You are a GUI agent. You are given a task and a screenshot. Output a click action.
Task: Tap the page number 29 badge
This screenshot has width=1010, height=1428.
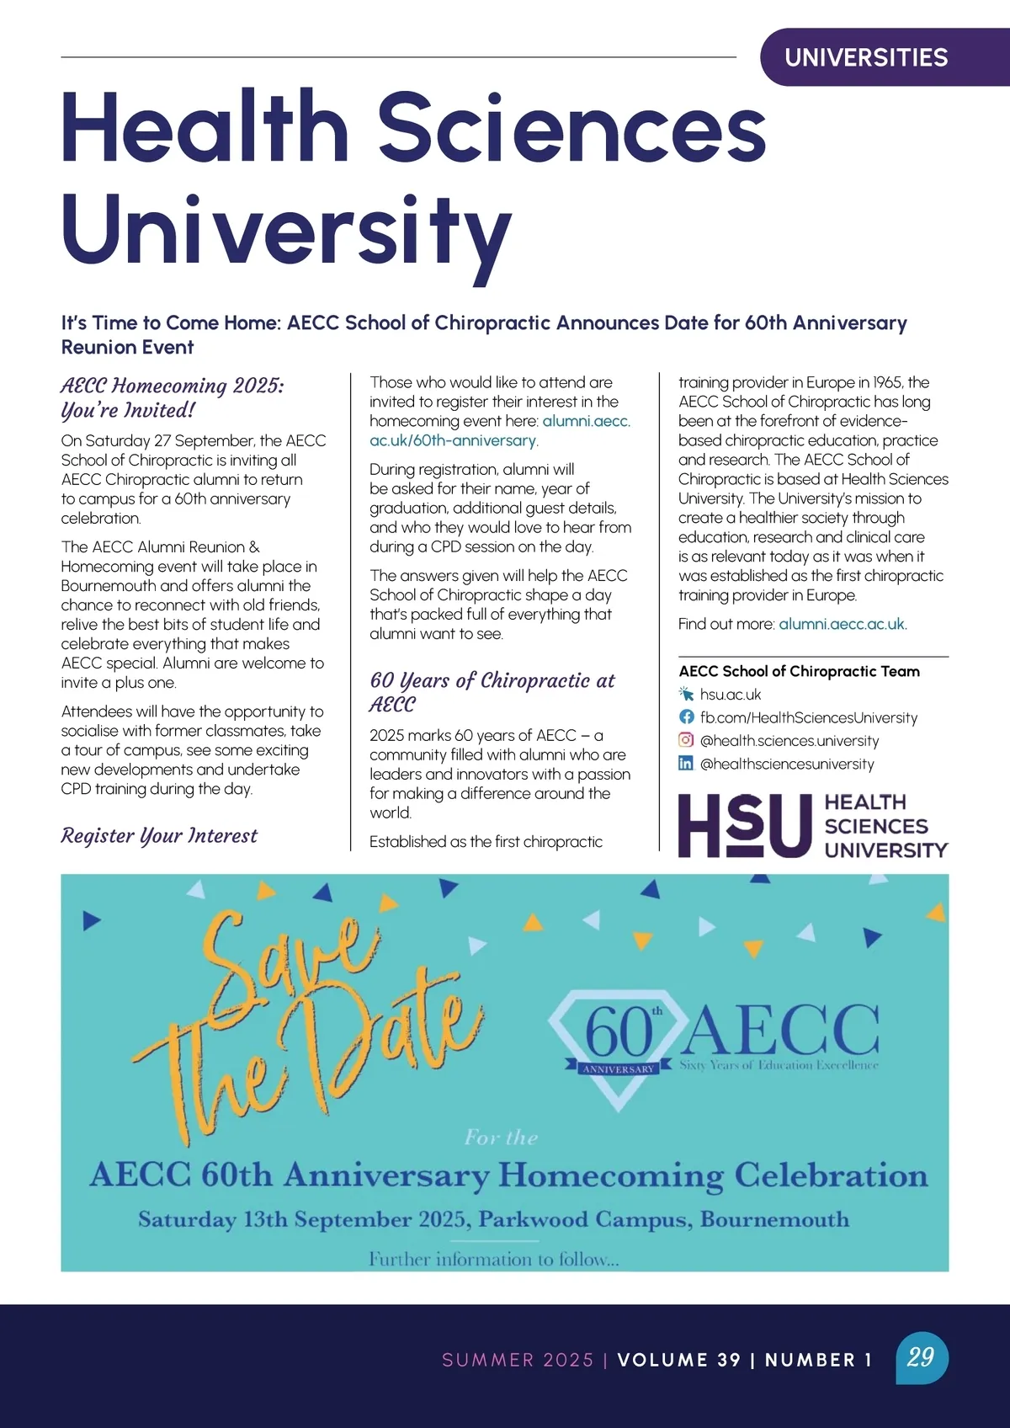click(922, 1356)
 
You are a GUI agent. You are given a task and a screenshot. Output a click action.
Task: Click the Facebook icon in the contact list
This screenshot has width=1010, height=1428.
click(687, 717)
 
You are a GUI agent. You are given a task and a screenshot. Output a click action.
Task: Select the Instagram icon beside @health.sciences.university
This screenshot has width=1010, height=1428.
click(687, 740)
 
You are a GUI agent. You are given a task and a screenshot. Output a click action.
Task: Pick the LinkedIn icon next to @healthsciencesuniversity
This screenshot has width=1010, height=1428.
click(687, 764)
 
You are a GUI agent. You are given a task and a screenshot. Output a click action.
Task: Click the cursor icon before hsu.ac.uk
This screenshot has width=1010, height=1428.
click(687, 694)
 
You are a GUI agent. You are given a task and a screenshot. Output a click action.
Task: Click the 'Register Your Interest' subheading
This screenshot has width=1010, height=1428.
click(159, 835)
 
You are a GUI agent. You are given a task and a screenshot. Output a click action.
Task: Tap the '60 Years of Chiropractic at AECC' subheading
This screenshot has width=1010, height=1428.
click(492, 692)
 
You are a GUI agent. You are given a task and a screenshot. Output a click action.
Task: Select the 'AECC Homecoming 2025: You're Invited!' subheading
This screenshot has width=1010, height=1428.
click(173, 397)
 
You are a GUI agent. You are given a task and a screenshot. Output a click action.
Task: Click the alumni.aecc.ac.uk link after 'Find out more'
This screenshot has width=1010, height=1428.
click(842, 624)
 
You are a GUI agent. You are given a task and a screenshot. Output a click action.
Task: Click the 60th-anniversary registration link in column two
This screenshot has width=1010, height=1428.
click(500, 430)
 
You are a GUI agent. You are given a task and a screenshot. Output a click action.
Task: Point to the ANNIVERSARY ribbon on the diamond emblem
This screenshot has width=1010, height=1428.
click(619, 1068)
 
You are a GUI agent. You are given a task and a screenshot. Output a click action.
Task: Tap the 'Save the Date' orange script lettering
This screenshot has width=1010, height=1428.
click(303, 1019)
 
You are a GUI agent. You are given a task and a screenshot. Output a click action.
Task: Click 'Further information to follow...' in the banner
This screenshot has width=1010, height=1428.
click(494, 1260)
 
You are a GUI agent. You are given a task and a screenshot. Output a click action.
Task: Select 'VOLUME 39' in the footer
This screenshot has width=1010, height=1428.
click(678, 1360)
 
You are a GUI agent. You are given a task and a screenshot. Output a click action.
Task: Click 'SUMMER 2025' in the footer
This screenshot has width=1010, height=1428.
click(518, 1360)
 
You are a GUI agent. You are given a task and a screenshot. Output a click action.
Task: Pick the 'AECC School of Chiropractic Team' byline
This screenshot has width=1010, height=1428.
click(799, 671)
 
